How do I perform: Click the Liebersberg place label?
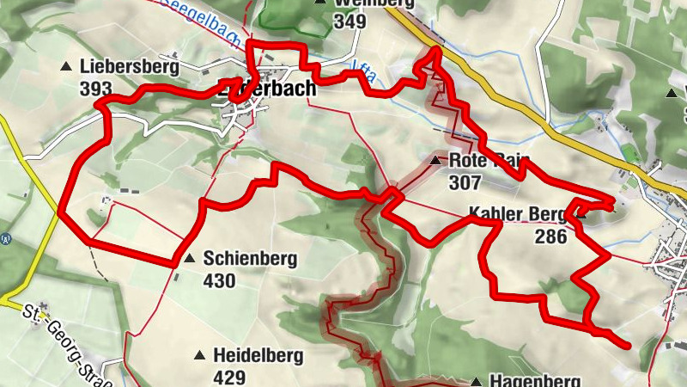click(129, 66)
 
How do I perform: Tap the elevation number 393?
click(95, 88)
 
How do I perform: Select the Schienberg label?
click(250, 258)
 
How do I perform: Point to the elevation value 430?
click(219, 279)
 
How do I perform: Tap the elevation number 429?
click(229, 376)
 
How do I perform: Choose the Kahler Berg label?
click(517, 213)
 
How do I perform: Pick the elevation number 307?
click(464, 181)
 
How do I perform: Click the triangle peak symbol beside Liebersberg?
click(66, 66)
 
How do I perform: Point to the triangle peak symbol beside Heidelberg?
click(199, 354)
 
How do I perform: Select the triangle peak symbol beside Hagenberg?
click(475, 380)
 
